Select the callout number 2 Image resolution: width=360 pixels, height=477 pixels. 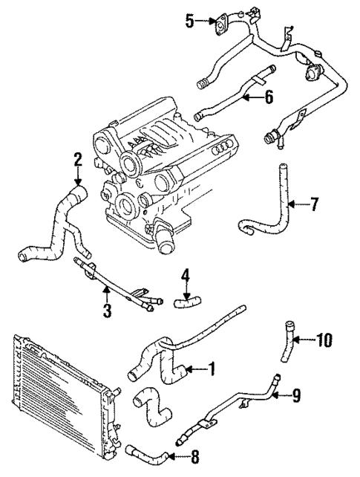[76, 158]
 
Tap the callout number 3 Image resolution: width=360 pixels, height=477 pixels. [107, 311]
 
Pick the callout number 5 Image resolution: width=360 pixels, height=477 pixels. [190, 22]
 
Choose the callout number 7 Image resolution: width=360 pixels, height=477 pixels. [314, 204]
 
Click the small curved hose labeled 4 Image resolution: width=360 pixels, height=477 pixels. [186, 300]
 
